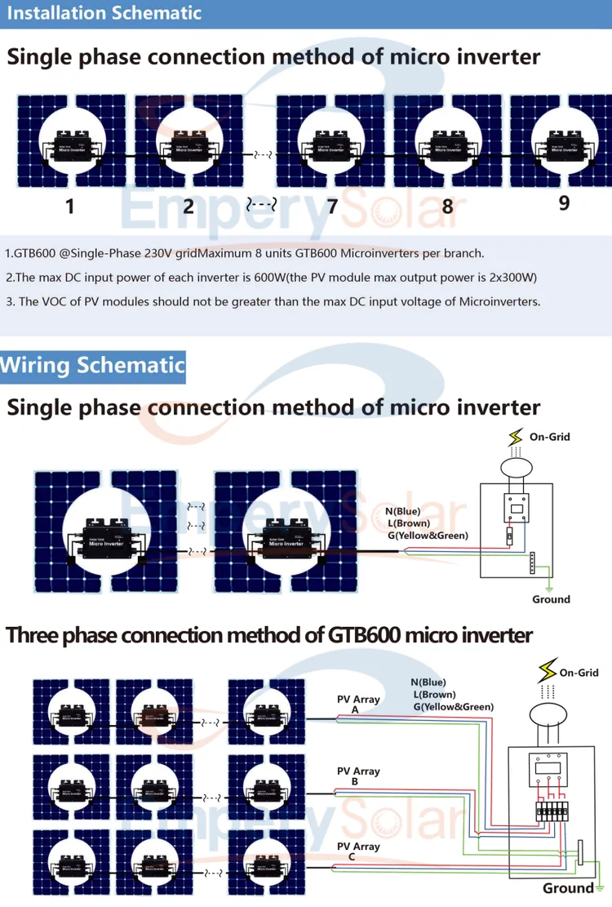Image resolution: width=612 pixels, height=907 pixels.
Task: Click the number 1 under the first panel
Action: [69, 206]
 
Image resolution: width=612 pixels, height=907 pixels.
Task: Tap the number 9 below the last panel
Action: [564, 203]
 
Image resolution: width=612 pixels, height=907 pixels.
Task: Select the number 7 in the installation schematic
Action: [332, 206]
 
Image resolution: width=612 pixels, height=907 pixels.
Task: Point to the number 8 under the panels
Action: [447, 207]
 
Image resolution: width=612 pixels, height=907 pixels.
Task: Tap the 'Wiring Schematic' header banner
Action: [92, 365]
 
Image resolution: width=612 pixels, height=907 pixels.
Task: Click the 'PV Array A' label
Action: [358, 705]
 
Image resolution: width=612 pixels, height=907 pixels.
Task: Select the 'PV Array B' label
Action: [358, 776]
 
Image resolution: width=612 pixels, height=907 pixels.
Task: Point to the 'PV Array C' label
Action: [358, 851]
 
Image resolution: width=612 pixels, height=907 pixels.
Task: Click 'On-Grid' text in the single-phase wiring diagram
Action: [549, 437]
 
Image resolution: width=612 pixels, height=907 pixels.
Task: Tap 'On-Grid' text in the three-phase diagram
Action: [579, 673]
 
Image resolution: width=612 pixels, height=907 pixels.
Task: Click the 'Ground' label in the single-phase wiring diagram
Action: [551, 599]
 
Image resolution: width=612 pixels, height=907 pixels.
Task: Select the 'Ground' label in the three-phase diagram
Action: [569, 888]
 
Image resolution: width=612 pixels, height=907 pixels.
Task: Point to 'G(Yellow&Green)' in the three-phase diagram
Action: [454, 707]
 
